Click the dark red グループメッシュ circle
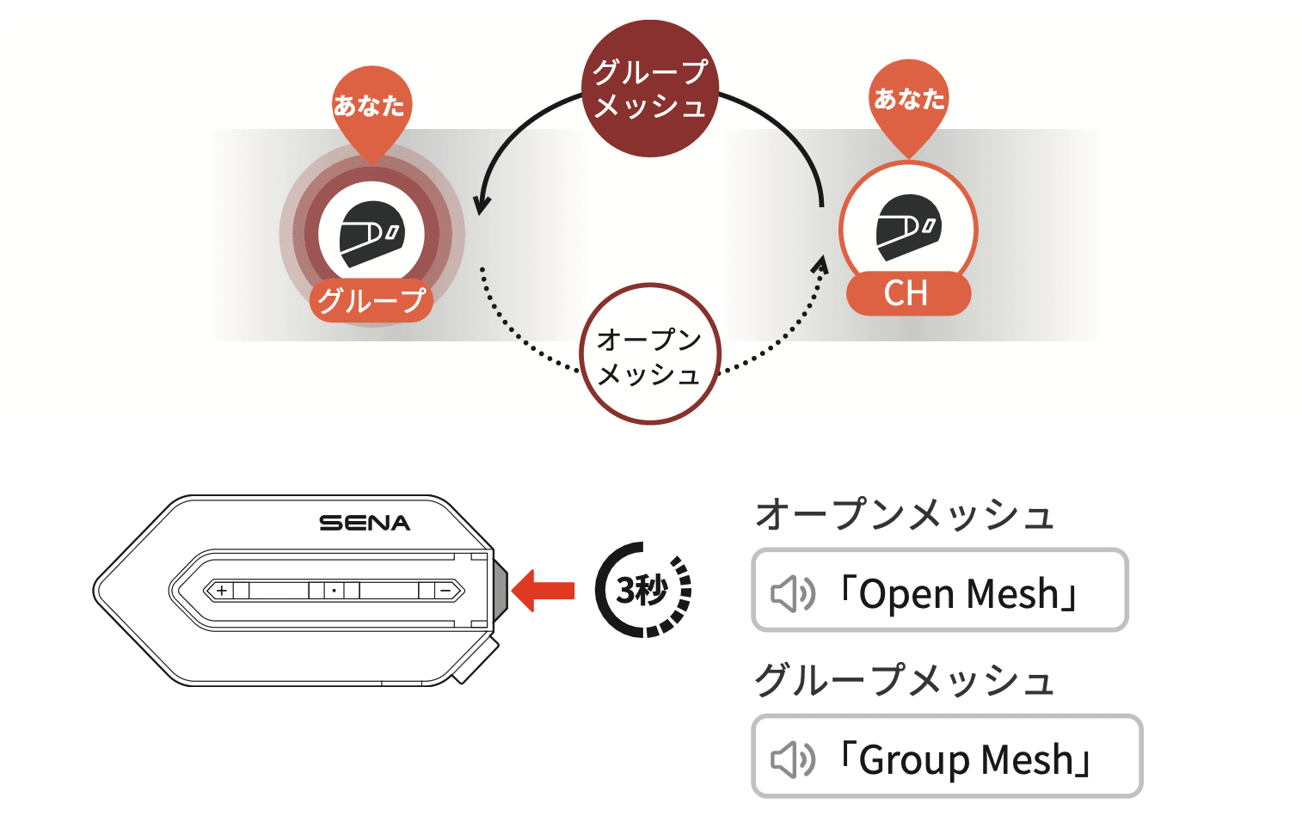(x=650, y=89)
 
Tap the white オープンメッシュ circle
(x=650, y=354)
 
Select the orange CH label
(x=908, y=294)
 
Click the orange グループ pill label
(x=372, y=300)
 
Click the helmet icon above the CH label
(x=908, y=227)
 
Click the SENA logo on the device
(x=365, y=523)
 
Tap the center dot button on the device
(x=334, y=591)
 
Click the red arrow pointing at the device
(x=543, y=591)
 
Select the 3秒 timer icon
(x=643, y=590)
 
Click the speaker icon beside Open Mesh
(x=792, y=593)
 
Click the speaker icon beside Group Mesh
(x=792, y=759)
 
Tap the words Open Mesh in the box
(x=959, y=593)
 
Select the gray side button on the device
(x=500, y=591)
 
